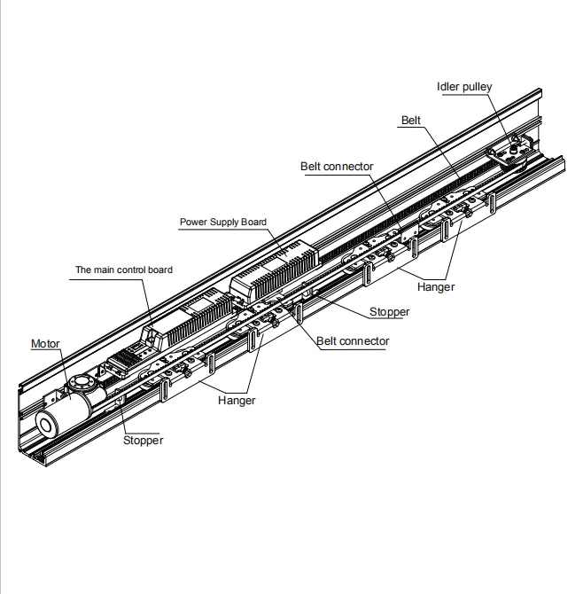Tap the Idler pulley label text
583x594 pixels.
pos(464,87)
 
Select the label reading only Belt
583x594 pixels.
pos(411,120)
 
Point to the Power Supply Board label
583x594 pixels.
pos(223,223)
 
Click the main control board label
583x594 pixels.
pos(124,270)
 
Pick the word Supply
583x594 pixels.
pos(225,223)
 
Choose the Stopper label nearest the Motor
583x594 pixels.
pos(144,440)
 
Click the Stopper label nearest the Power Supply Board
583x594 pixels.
pos(390,312)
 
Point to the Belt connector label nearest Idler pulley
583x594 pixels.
pos(337,167)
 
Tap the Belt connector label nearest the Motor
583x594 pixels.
pos(353,341)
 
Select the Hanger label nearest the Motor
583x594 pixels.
pos(237,401)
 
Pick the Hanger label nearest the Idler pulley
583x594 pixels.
pos(436,287)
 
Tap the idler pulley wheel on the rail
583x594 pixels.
pos(511,152)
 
